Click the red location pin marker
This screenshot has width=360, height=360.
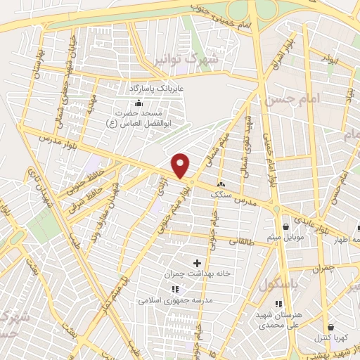coord(181,165)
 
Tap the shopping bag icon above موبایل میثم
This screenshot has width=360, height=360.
coord(287,226)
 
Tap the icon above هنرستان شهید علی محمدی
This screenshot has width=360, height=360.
coord(278,304)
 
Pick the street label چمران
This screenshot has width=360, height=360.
coord(323,269)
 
